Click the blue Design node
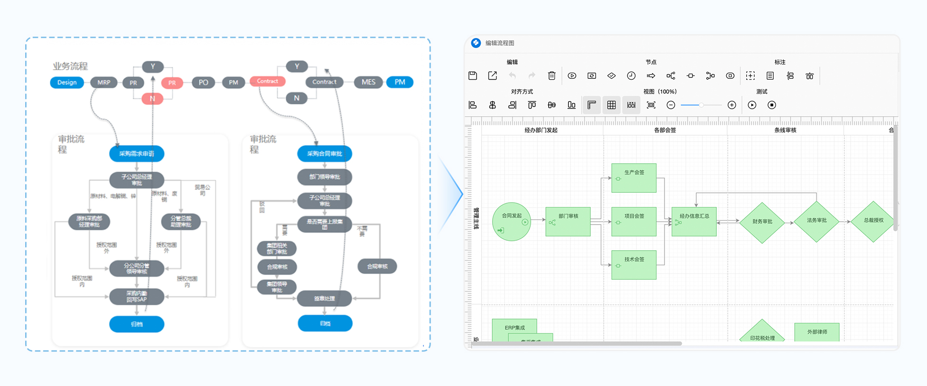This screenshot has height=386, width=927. click(67, 82)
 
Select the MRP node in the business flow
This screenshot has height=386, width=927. click(104, 82)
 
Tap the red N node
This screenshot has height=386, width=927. click(152, 99)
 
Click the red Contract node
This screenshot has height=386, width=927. click(267, 81)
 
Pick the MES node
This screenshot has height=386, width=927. click(368, 82)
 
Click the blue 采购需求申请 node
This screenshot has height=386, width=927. click(137, 153)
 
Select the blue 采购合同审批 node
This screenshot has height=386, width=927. click(325, 153)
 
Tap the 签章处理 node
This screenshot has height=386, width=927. click(325, 299)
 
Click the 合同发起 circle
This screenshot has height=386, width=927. click(511, 221)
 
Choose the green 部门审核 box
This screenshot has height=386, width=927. click(568, 221)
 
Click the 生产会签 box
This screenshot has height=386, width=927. click(634, 178)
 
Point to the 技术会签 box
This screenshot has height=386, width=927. click(634, 265)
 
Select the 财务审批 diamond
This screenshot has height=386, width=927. click(762, 222)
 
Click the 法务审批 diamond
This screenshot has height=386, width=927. click(816, 221)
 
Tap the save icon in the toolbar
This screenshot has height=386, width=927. click(473, 76)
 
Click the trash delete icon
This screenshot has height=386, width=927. click(552, 76)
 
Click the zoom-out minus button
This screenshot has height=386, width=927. click(671, 105)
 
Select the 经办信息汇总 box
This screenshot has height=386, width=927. click(694, 221)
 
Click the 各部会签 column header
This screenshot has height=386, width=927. click(665, 130)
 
